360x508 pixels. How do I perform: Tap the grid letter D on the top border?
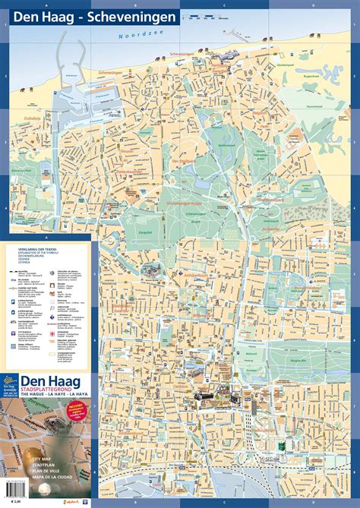[x=312, y=4]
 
